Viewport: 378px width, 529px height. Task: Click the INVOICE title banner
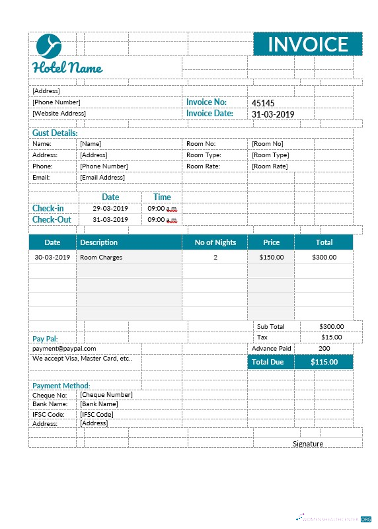[x=307, y=44]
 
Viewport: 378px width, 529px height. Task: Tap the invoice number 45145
[x=263, y=103]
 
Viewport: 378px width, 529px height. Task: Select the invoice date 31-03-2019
[x=273, y=114]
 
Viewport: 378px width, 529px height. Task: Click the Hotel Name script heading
[x=67, y=68]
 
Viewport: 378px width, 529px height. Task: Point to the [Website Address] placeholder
[x=59, y=114]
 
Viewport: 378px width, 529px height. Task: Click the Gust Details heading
[x=55, y=133]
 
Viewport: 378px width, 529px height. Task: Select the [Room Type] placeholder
[x=270, y=155]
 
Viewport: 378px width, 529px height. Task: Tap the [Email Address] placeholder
[x=102, y=177]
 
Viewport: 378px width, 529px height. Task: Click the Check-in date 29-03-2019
[x=110, y=208]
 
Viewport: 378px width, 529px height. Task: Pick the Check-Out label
[x=52, y=220]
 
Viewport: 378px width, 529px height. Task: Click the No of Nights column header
[x=215, y=242]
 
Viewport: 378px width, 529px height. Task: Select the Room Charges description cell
[x=101, y=258]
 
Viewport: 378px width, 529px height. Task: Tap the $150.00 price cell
[x=271, y=258]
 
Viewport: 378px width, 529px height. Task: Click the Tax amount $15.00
[x=331, y=337]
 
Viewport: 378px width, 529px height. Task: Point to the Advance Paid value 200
[x=324, y=348]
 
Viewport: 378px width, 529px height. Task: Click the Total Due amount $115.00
[x=324, y=362]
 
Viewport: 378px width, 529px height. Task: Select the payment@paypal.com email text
[x=65, y=348]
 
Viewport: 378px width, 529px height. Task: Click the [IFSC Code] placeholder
[x=96, y=414]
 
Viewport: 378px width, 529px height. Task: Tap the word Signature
[x=308, y=444]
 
